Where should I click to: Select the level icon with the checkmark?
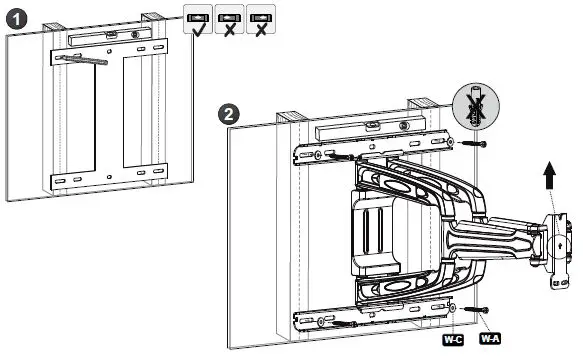click(195, 20)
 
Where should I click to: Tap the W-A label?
click(490, 340)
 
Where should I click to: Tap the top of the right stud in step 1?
click(152, 17)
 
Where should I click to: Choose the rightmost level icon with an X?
click(261, 20)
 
